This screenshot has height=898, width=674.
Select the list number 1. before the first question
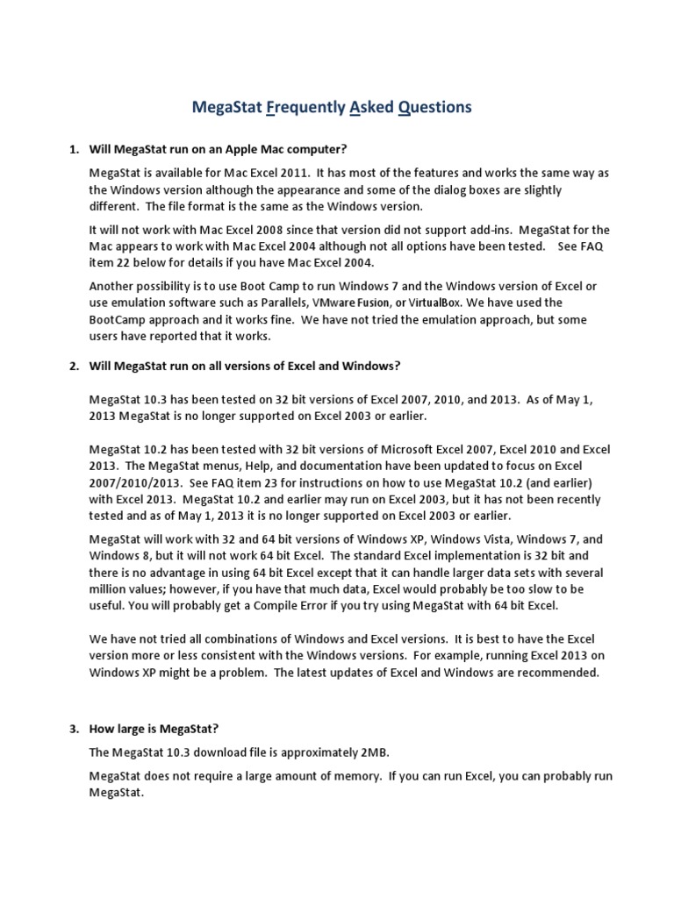(75, 149)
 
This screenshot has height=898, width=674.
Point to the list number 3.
(75, 729)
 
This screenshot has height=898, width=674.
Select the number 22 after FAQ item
(128, 262)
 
